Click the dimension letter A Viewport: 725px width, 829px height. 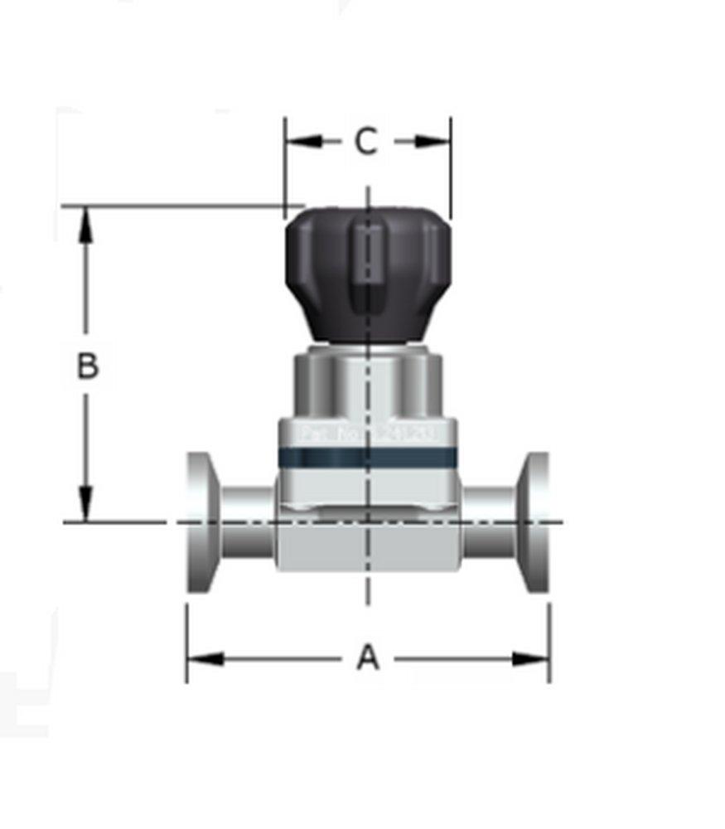tap(367, 659)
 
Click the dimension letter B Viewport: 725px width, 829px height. tap(87, 366)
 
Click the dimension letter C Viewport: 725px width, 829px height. tap(366, 142)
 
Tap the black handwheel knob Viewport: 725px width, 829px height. tap(368, 274)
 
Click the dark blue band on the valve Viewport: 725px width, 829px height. tap(367, 456)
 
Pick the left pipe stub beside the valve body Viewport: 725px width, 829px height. tap(247, 522)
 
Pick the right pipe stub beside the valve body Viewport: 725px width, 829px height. tap(489, 522)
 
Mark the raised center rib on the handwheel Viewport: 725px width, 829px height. tap(367, 265)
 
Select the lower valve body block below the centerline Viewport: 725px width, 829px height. tap(368, 549)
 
